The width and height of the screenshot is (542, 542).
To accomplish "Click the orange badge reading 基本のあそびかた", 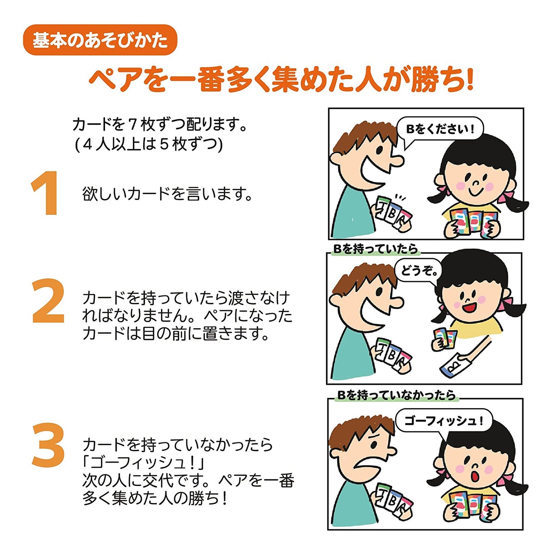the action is point(100,40).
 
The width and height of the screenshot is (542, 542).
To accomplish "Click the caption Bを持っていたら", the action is point(375,249).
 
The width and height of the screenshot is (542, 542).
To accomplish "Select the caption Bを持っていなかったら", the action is point(396,395).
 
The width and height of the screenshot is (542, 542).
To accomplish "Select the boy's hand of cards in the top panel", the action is point(393,214).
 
